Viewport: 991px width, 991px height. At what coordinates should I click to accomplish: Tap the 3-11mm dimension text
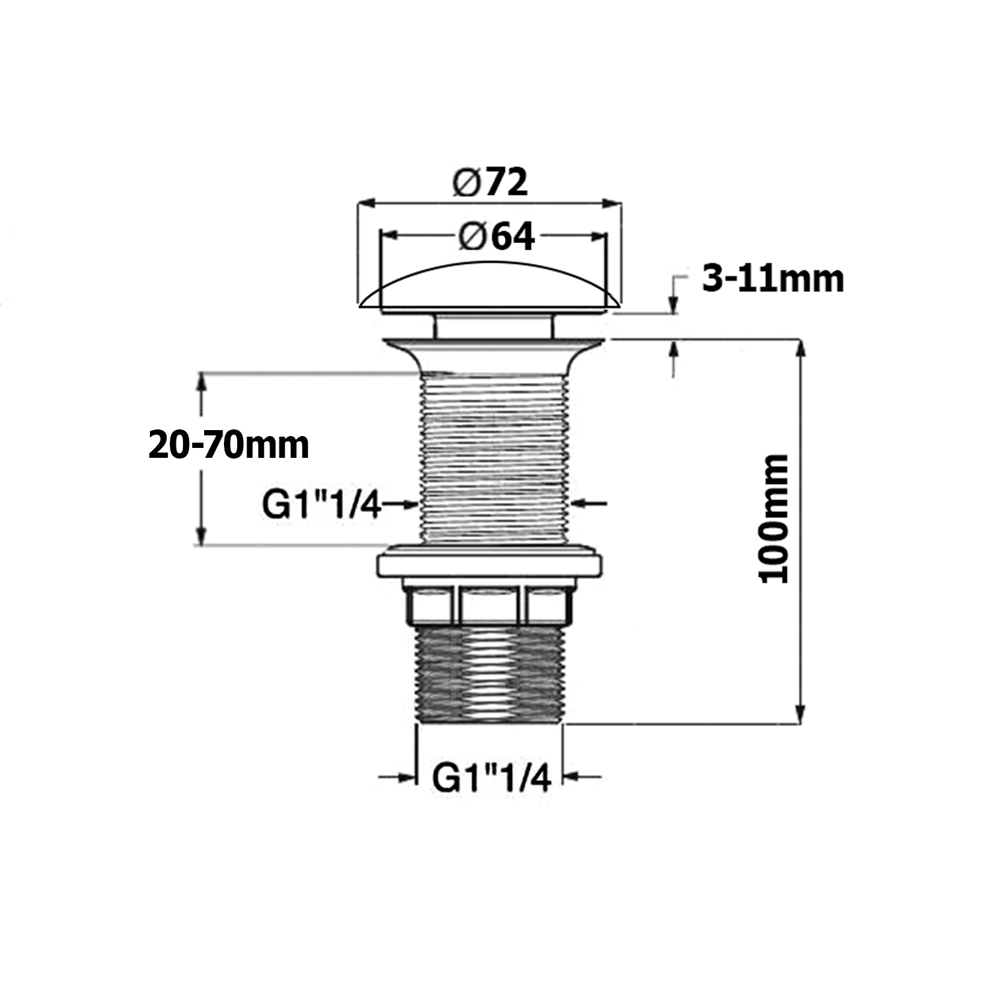(x=772, y=279)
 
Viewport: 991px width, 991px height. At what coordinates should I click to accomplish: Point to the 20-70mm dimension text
(x=229, y=445)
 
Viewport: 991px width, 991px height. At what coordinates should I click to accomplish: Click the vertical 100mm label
(x=774, y=518)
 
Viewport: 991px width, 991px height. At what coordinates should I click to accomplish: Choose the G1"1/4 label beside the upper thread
(x=322, y=505)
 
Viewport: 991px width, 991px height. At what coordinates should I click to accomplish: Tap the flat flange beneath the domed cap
(x=493, y=345)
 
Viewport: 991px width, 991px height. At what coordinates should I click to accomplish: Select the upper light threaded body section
(x=494, y=456)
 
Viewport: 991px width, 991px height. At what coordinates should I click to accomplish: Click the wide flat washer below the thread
(x=490, y=566)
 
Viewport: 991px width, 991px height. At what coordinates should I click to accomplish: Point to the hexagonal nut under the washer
(x=490, y=605)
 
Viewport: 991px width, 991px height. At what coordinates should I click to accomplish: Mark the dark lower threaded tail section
(x=490, y=674)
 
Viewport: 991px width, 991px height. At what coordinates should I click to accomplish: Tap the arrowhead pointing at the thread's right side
(x=581, y=504)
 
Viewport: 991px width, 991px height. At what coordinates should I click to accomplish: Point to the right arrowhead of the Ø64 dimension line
(x=599, y=235)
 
